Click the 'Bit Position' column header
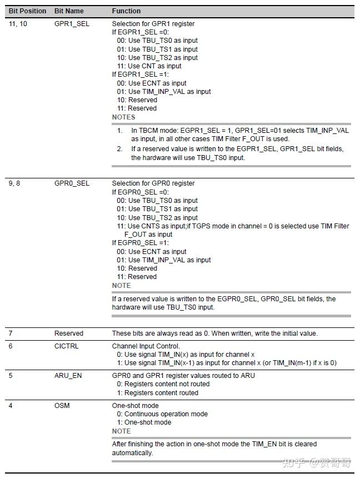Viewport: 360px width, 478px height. pyautogui.click(x=27, y=11)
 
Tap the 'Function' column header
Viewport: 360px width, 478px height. pyautogui.click(x=126, y=11)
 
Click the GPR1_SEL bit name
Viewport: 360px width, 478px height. pyautogui.click(x=72, y=24)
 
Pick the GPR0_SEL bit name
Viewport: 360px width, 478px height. pyautogui.click(x=72, y=183)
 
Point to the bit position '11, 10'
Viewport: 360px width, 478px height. pyautogui.click(x=18, y=24)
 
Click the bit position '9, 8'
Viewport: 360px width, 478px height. pyautogui.click(x=14, y=183)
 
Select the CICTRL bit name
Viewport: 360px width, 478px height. pyautogui.click(x=67, y=346)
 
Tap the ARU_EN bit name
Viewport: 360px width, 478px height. pyautogui.click(x=68, y=376)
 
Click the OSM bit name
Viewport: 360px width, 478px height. pyautogui.click(x=62, y=406)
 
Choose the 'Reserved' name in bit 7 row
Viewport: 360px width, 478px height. pyautogui.click(x=69, y=333)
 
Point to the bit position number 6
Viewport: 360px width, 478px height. pyautogui.click(x=11, y=346)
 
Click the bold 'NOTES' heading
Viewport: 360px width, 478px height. pyautogui.click(x=123, y=117)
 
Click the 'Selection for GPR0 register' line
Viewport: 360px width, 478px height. pyautogui.click(x=153, y=183)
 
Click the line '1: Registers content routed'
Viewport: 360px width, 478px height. pyautogui.click(x=157, y=393)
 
